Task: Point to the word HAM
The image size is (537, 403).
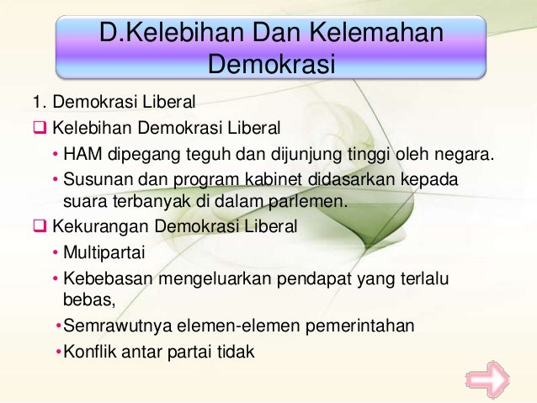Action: [83, 155]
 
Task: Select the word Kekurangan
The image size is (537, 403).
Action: [95, 227]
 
